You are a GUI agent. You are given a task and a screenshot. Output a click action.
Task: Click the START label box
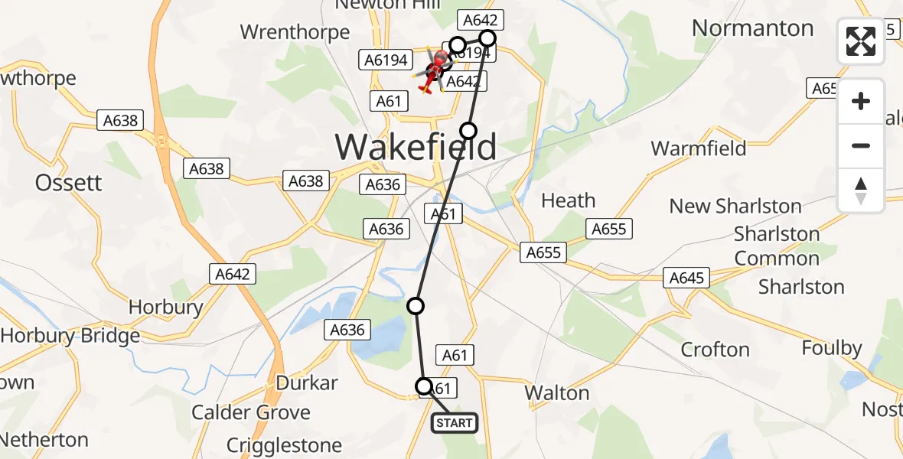[455, 422]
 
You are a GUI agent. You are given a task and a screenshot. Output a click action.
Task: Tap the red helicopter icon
[434, 72]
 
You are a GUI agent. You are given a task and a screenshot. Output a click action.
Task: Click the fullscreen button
[861, 41]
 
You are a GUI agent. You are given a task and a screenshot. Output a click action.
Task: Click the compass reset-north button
[861, 190]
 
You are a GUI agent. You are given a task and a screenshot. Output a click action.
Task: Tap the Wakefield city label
[416, 146]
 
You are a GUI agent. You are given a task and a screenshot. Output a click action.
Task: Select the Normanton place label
[752, 28]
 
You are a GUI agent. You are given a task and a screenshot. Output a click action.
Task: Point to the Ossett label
[68, 182]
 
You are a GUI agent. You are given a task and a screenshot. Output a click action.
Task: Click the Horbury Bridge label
[70, 335]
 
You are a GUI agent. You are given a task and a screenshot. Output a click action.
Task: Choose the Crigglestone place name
[284, 444]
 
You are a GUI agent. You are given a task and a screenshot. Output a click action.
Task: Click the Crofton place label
[715, 350]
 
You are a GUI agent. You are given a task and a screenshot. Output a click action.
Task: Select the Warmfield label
[698, 148]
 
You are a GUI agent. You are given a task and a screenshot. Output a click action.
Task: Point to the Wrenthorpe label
[295, 32]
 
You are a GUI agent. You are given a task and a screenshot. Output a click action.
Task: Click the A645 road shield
[686, 278]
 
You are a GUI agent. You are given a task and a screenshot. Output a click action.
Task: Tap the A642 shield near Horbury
[233, 274]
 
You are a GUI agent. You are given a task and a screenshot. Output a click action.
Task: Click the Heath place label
[568, 200]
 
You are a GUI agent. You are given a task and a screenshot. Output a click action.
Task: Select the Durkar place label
[307, 382]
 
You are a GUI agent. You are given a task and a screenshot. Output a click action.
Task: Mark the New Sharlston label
[735, 206]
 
